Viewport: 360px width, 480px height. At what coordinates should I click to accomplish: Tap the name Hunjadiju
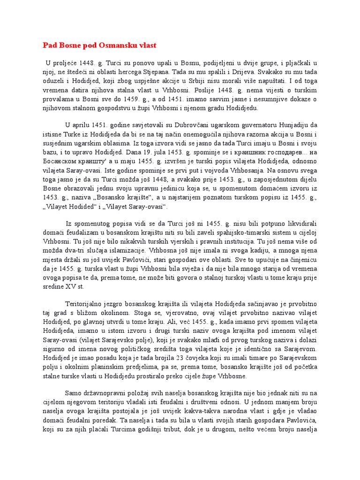(x=292, y=126)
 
